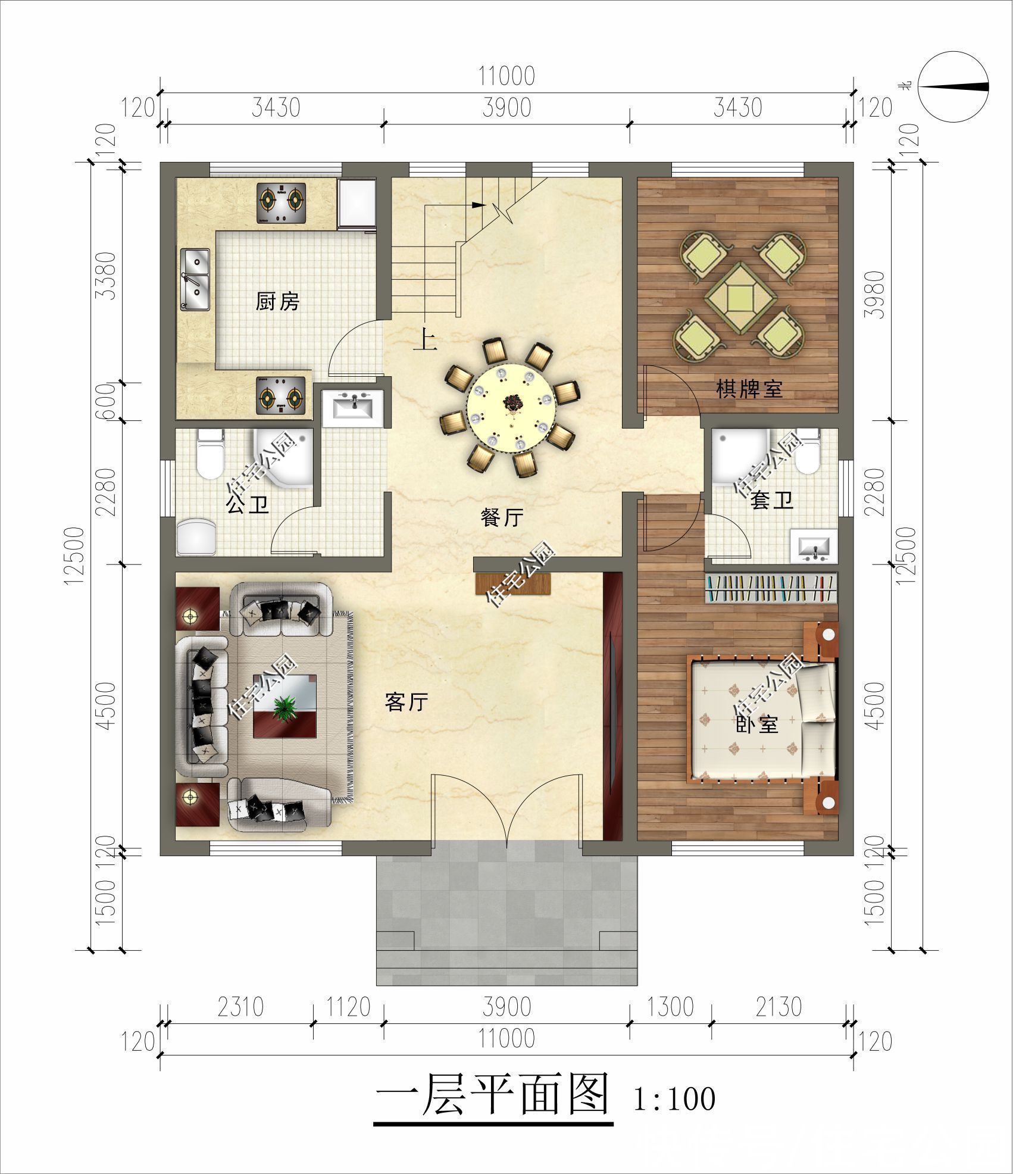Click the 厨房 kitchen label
click(x=277, y=301)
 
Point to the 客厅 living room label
click(x=407, y=702)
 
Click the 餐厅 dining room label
click(x=502, y=518)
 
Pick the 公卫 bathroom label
click(x=247, y=505)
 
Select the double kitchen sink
click(x=195, y=279)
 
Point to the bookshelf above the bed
click(x=771, y=588)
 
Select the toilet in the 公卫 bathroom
click(x=210, y=454)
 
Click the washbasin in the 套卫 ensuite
click(x=814, y=546)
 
